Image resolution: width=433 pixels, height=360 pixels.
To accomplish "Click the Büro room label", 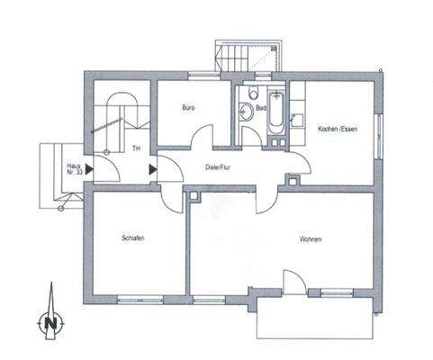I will (188, 107).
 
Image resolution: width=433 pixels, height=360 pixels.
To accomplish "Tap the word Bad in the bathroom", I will (260, 107).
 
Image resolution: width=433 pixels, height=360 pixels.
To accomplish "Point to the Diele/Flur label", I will (219, 166).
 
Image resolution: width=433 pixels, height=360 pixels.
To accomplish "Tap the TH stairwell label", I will (136, 149).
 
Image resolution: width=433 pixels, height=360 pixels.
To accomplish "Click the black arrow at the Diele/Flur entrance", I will (152, 166).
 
